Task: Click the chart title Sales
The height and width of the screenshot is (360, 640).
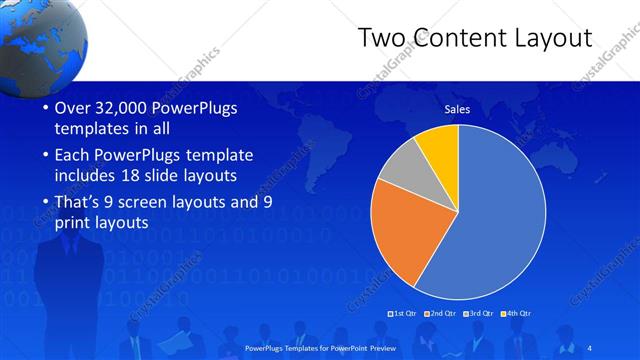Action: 457,109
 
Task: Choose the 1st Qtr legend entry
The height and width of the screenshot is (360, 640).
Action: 403,314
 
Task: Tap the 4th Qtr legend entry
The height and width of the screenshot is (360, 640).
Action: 516,314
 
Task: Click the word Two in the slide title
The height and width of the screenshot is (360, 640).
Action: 384,38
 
